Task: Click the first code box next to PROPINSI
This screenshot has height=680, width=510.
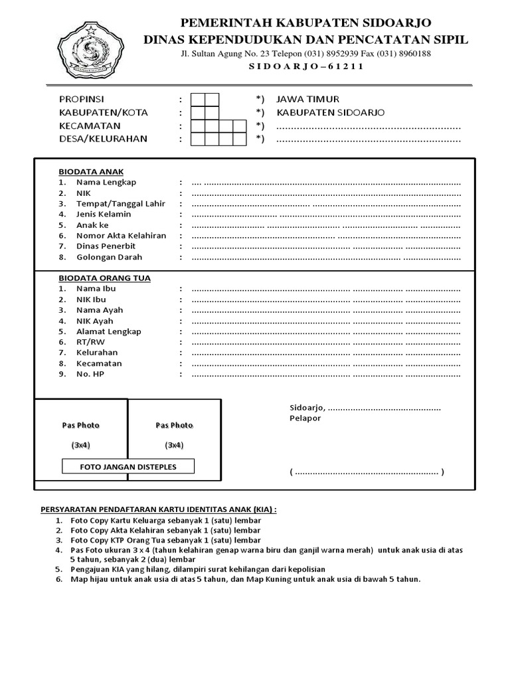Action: (x=198, y=100)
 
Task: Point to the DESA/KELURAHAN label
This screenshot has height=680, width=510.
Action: (x=103, y=139)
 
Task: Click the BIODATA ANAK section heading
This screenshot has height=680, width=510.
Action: (x=91, y=171)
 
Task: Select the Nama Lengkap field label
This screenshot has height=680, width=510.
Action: (x=106, y=182)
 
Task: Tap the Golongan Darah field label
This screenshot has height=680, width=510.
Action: (x=109, y=257)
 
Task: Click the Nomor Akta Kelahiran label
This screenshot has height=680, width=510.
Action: (x=121, y=236)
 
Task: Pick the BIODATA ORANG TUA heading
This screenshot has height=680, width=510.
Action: (x=104, y=278)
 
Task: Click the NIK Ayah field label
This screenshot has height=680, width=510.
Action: (x=94, y=321)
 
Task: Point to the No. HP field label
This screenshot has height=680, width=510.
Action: (x=90, y=374)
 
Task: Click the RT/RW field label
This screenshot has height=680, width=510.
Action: (x=90, y=342)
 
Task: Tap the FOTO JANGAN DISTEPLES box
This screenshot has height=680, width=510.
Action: (x=128, y=467)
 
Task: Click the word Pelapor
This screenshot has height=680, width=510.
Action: (x=305, y=418)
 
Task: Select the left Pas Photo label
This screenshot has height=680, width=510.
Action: (x=81, y=425)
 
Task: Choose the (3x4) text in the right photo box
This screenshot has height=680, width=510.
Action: (x=174, y=445)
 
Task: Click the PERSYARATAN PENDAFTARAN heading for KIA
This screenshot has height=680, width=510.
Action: (x=159, y=509)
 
